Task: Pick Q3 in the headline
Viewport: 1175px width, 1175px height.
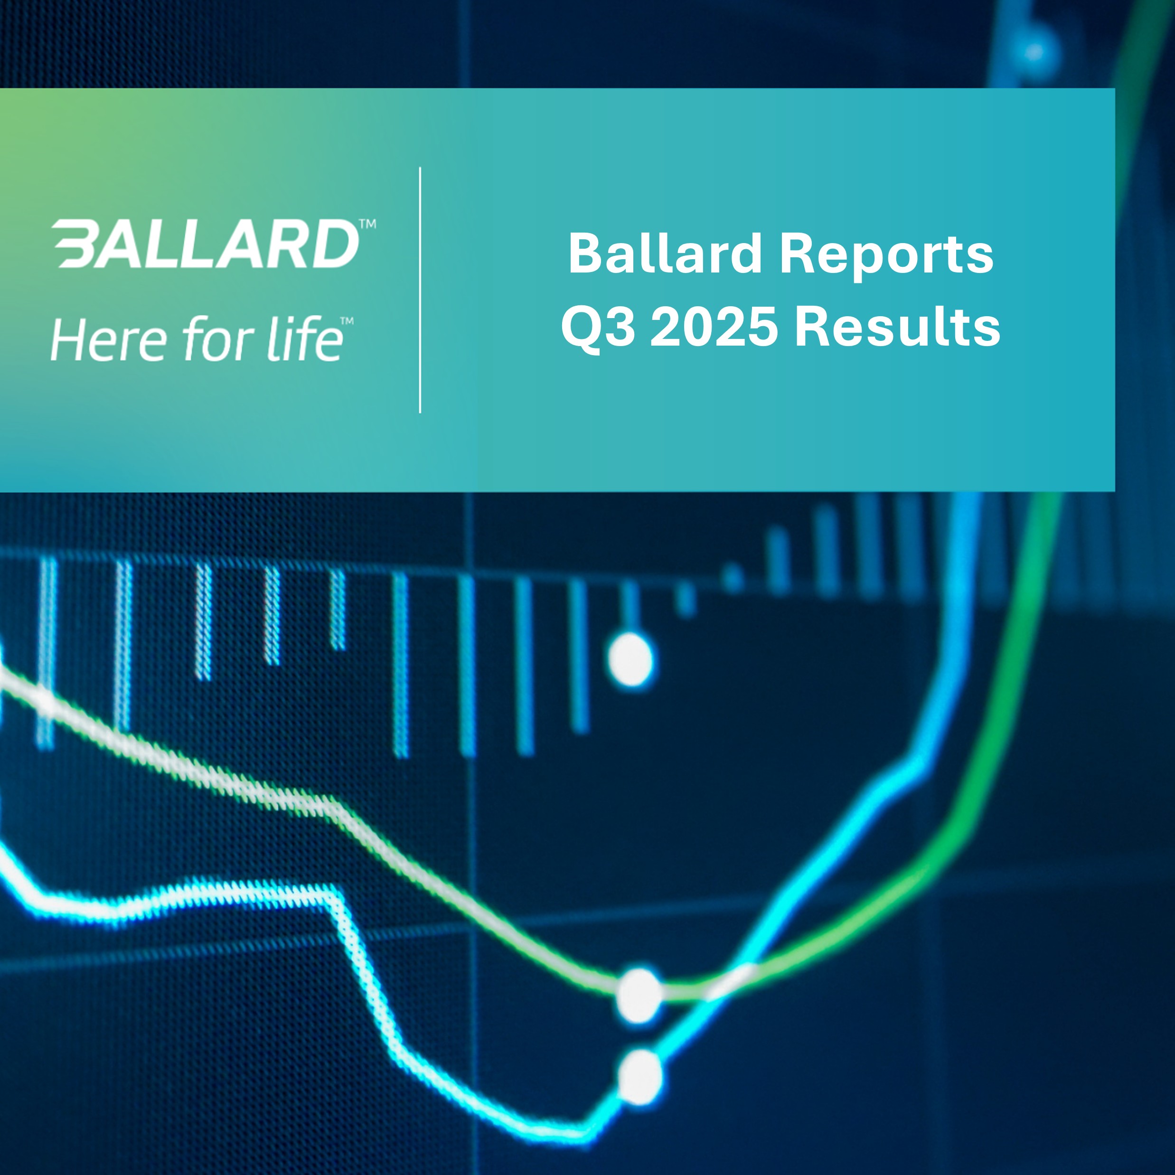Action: click(599, 327)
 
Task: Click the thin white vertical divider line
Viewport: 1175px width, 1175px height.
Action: click(420, 290)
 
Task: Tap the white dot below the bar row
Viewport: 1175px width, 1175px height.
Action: click(630, 660)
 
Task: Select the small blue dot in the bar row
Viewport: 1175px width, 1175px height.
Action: click(733, 577)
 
